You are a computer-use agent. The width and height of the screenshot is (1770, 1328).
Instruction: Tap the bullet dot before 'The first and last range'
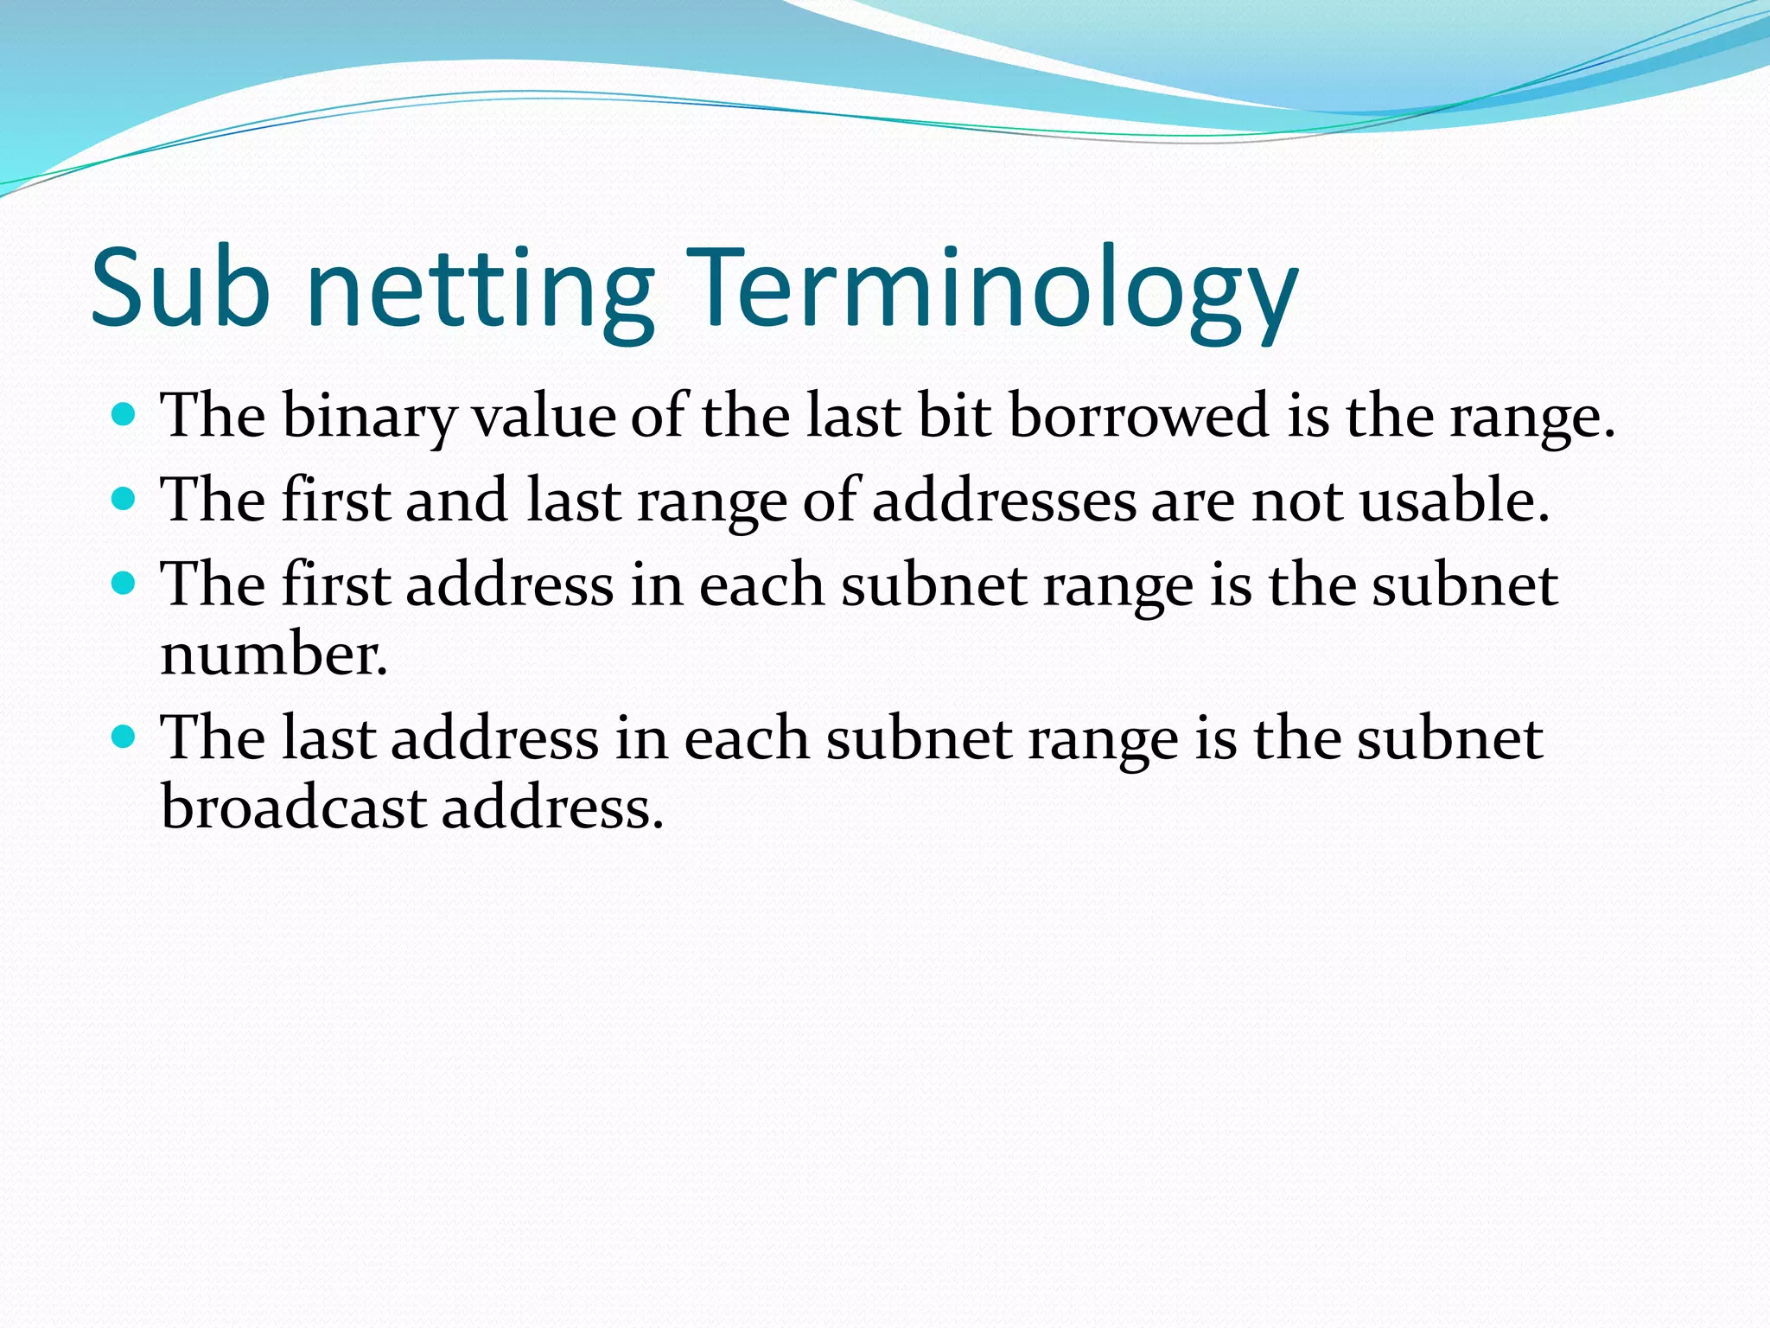pyautogui.click(x=124, y=500)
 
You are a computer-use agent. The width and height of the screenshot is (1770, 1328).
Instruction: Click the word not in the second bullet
pyautogui.click(x=1296, y=501)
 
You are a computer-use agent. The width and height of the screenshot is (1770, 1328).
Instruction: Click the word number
pyautogui.click(x=274, y=654)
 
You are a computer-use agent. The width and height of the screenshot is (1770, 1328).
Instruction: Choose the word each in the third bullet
pyautogui.click(x=761, y=586)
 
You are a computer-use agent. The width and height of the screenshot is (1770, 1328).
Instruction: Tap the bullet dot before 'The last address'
pyautogui.click(x=124, y=737)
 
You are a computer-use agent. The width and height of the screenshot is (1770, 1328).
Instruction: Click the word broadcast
pyautogui.click(x=294, y=808)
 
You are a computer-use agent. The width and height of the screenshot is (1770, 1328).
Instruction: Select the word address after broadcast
pyautogui.click(x=552, y=808)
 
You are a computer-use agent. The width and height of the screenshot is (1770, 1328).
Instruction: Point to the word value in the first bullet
pyautogui.click(x=542, y=417)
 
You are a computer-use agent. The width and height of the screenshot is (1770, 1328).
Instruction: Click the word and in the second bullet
pyautogui.click(x=456, y=501)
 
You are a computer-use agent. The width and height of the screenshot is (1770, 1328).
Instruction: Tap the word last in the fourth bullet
pyautogui.click(x=329, y=739)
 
